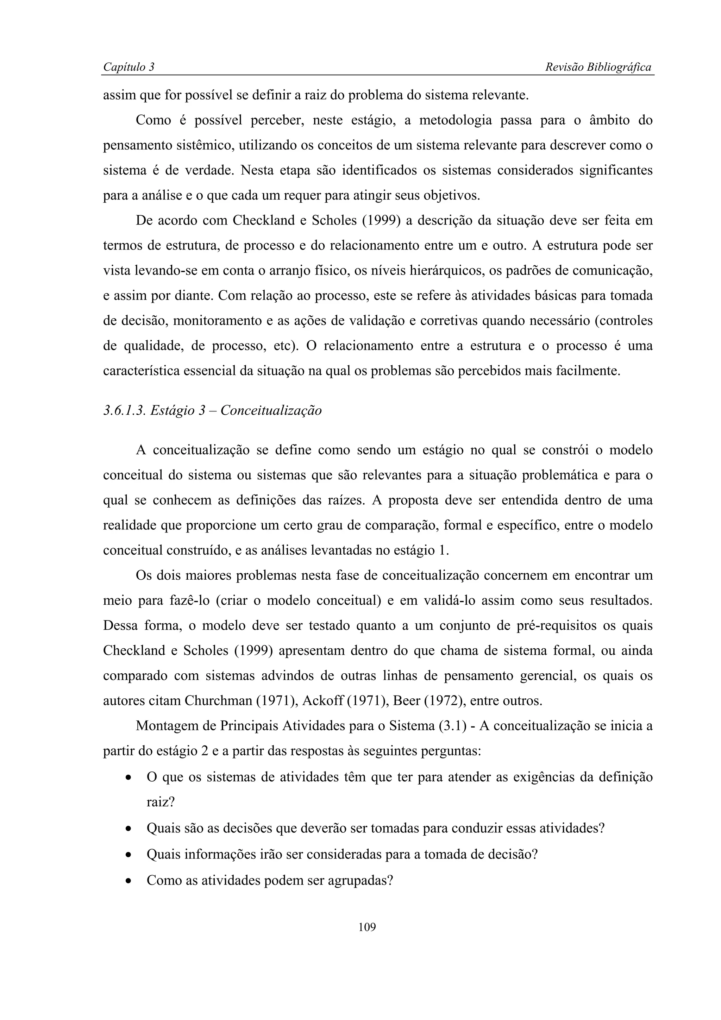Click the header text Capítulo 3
pyautogui.click(x=128, y=67)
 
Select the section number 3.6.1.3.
pyautogui.click(x=124, y=410)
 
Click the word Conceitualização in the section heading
pyautogui.click(x=271, y=410)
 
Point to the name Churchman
pyautogui.click(x=219, y=701)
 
